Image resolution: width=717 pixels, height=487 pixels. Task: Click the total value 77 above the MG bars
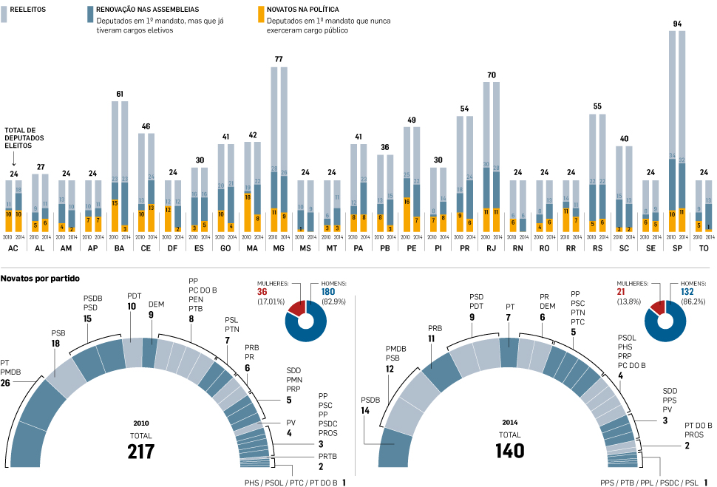pyautogui.click(x=279, y=58)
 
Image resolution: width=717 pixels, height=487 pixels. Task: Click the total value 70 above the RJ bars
pyautogui.click(x=491, y=75)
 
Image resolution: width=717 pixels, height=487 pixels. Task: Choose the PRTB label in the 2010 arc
pyautogui.click(x=327, y=456)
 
